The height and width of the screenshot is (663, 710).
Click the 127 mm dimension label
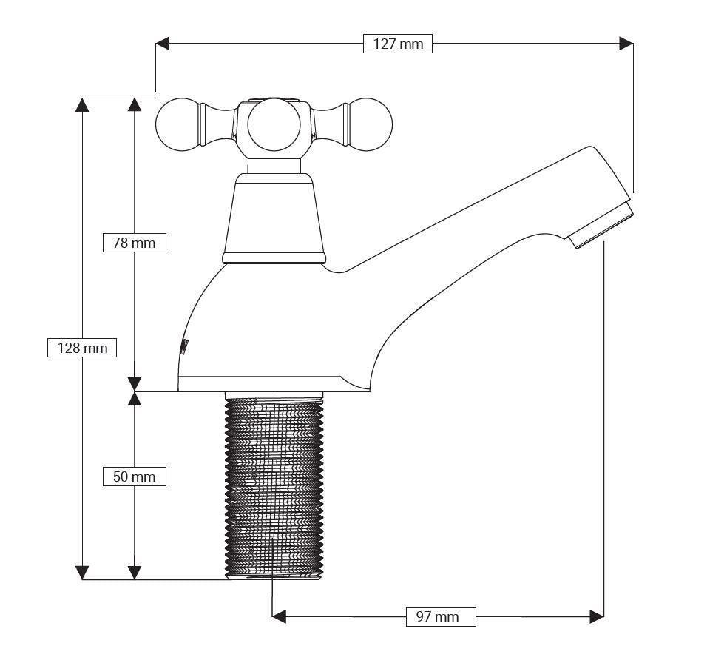[398, 44]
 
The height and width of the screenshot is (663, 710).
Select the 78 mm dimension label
[134, 242]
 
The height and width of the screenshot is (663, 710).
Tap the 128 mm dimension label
[82, 347]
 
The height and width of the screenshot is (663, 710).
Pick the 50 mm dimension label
[134, 477]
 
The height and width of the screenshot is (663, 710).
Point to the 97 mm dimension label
[441, 616]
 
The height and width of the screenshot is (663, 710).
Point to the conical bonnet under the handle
[274, 215]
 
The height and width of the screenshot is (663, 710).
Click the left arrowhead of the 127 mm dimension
[163, 44]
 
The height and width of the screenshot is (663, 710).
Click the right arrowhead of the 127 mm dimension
[626, 44]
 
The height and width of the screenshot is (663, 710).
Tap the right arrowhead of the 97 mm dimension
[597, 616]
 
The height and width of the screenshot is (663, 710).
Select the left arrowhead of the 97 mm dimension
[280, 616]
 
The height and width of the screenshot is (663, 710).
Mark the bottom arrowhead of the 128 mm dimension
[82, 572]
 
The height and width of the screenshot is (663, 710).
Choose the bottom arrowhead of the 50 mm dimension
[134, 572]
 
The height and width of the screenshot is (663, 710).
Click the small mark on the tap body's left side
[185, 348]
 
